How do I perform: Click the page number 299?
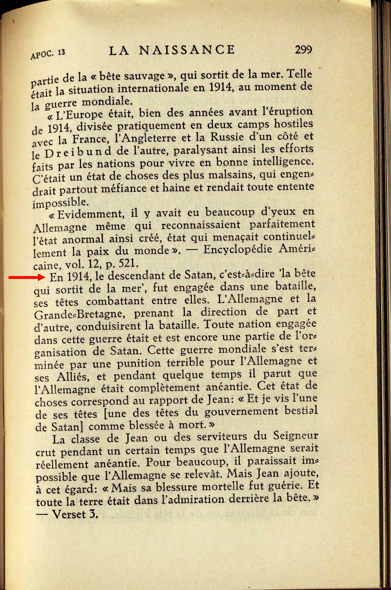click(303, 50)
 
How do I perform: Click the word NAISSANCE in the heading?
click(187, 50)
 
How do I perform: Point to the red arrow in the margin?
click(27, 277)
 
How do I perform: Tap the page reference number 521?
click(129, 263)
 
